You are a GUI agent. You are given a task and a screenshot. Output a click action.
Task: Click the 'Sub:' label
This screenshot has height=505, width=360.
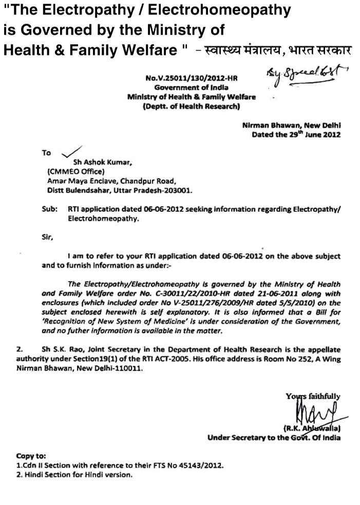(x=49, y=210)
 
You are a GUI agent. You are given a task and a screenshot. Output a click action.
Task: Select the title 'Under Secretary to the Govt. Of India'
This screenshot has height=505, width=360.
(x=274, y=438)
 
